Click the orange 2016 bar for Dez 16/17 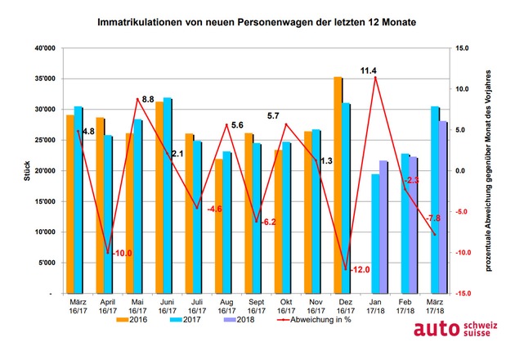338,185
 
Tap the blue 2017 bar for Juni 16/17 168,196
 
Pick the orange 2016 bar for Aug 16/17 219,226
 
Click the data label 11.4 368,70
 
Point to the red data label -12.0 360,270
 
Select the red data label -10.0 122,253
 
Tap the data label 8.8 148,99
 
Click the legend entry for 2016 132,320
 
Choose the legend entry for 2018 239,320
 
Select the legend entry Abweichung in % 315,320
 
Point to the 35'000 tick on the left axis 45,79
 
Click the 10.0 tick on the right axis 462,89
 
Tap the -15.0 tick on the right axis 462,294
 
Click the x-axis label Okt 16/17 286,307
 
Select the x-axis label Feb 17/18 405,307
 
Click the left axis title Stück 27,171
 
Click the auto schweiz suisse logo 455,329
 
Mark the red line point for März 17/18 435,235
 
